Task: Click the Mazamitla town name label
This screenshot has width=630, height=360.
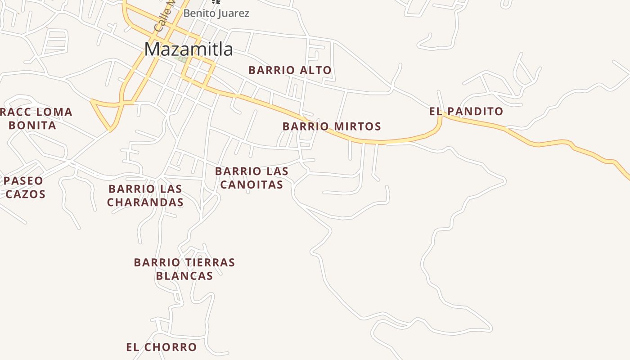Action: tap(189, 49)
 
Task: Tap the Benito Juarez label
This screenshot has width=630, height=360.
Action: tap(216, 13)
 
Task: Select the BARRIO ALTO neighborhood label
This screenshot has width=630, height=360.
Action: tap(290, 70)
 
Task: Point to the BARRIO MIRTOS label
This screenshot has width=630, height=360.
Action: tap(332, 126)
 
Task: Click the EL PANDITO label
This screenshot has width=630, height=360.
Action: tap(466, 112)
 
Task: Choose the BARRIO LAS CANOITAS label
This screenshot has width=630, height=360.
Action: tap(252, 178)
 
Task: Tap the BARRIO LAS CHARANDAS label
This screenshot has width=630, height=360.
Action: tap(145, 195)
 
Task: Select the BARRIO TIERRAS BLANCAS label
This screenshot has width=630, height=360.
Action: tap(184, 269)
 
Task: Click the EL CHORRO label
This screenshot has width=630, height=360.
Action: tap(161, 347)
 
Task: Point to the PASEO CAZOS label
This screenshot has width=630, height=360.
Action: tap(25, 187)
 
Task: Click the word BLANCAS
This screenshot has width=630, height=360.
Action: tap(184, 275)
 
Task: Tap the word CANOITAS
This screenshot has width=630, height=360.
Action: tap(252, 184)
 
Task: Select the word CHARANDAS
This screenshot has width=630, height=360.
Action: tap(145, 202)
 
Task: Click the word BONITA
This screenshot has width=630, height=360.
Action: tap(32, 125)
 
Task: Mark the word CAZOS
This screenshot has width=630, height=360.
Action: tap(25, 194)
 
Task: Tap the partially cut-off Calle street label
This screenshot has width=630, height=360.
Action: tap(163, 18)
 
